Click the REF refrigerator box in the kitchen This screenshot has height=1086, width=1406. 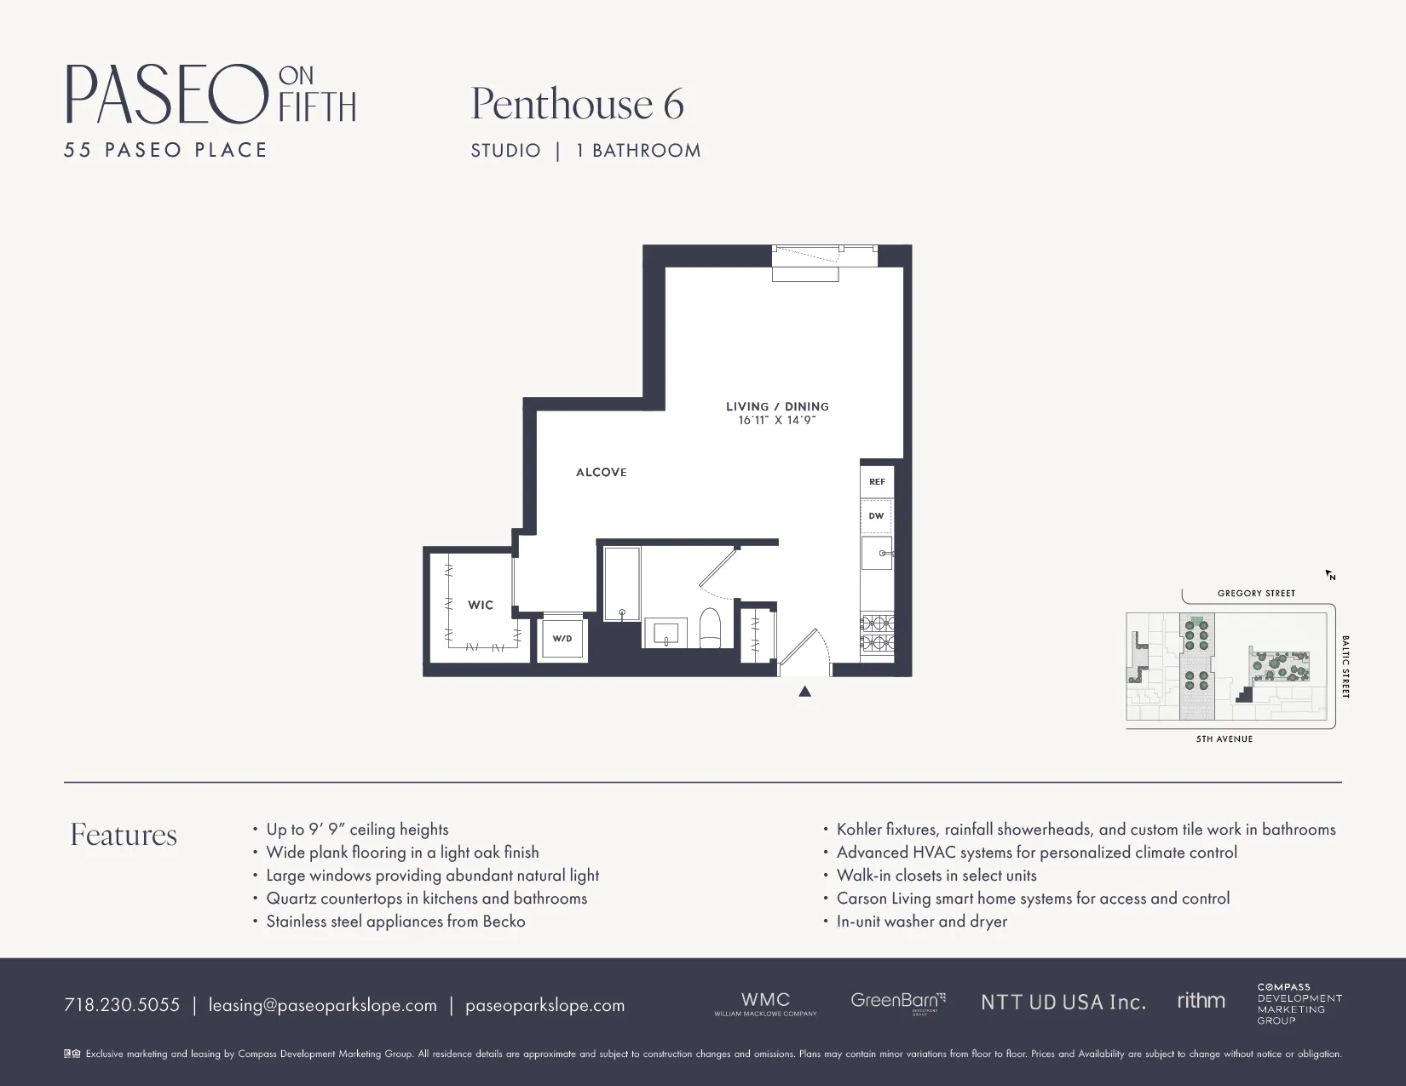coord(877,482)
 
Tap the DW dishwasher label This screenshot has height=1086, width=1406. coord(876,516)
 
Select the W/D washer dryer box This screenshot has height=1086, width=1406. coord(562,638)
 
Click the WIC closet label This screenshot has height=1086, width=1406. coord(481,606)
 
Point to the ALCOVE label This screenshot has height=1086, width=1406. coord(602,473)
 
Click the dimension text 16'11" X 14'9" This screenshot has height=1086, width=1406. coord(777,420)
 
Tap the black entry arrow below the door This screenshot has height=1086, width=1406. coord(804,692)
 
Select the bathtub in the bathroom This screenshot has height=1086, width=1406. coord(622,583)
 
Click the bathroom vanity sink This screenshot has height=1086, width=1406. coord(666,633)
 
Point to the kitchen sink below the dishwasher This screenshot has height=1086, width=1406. coord(877,554)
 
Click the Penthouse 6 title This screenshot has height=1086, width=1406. coord(578,104)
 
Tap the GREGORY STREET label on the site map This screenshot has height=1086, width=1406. coord(1256,594)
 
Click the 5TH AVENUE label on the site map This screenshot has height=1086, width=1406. coord(1224,739)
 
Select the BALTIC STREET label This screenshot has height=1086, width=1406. coord(1345,667)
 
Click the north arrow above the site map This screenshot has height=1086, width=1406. coord(1329,575)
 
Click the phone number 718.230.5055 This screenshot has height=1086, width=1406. coord(122,1005)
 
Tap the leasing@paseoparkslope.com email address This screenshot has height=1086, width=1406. coord(322,1005)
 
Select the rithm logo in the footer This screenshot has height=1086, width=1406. coord(1201,1001)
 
